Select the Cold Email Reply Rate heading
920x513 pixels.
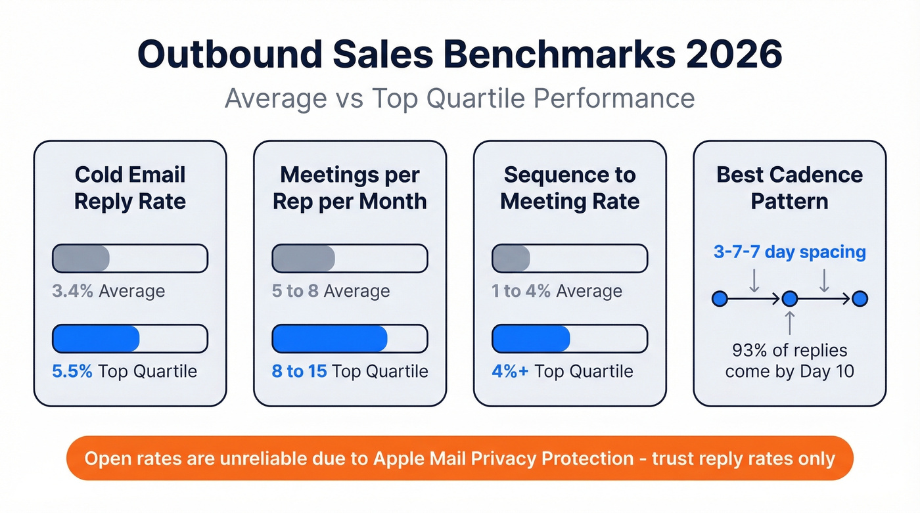click(x=130, y=188)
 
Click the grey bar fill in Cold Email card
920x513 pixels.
click(x=81, y=258)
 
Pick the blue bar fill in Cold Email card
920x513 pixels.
click(x=96, y=339)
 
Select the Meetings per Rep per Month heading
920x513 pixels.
click(x=350, y=188)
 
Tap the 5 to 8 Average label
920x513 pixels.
click(x=331, y=291)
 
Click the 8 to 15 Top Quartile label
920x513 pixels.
click(x=350, y=371)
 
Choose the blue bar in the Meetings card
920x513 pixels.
click(x=329, y=339)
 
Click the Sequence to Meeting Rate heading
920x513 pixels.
click(x=570, y=188)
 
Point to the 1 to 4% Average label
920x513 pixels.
click(x=557, y=291)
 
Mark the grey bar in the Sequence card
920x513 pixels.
click(x=511, y=258)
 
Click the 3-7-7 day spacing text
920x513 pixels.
click(x=789, y=252)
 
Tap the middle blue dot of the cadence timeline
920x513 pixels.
click(x=790, y=299)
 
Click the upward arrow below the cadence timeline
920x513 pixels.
click(x=790, y=323)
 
